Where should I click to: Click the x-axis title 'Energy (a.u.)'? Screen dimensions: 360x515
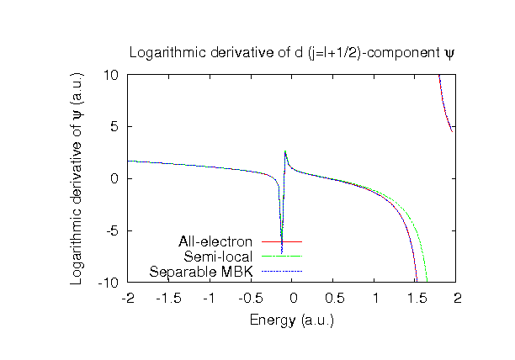[x=292, y=320]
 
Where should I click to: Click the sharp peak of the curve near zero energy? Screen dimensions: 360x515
[x=285, y=152]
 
